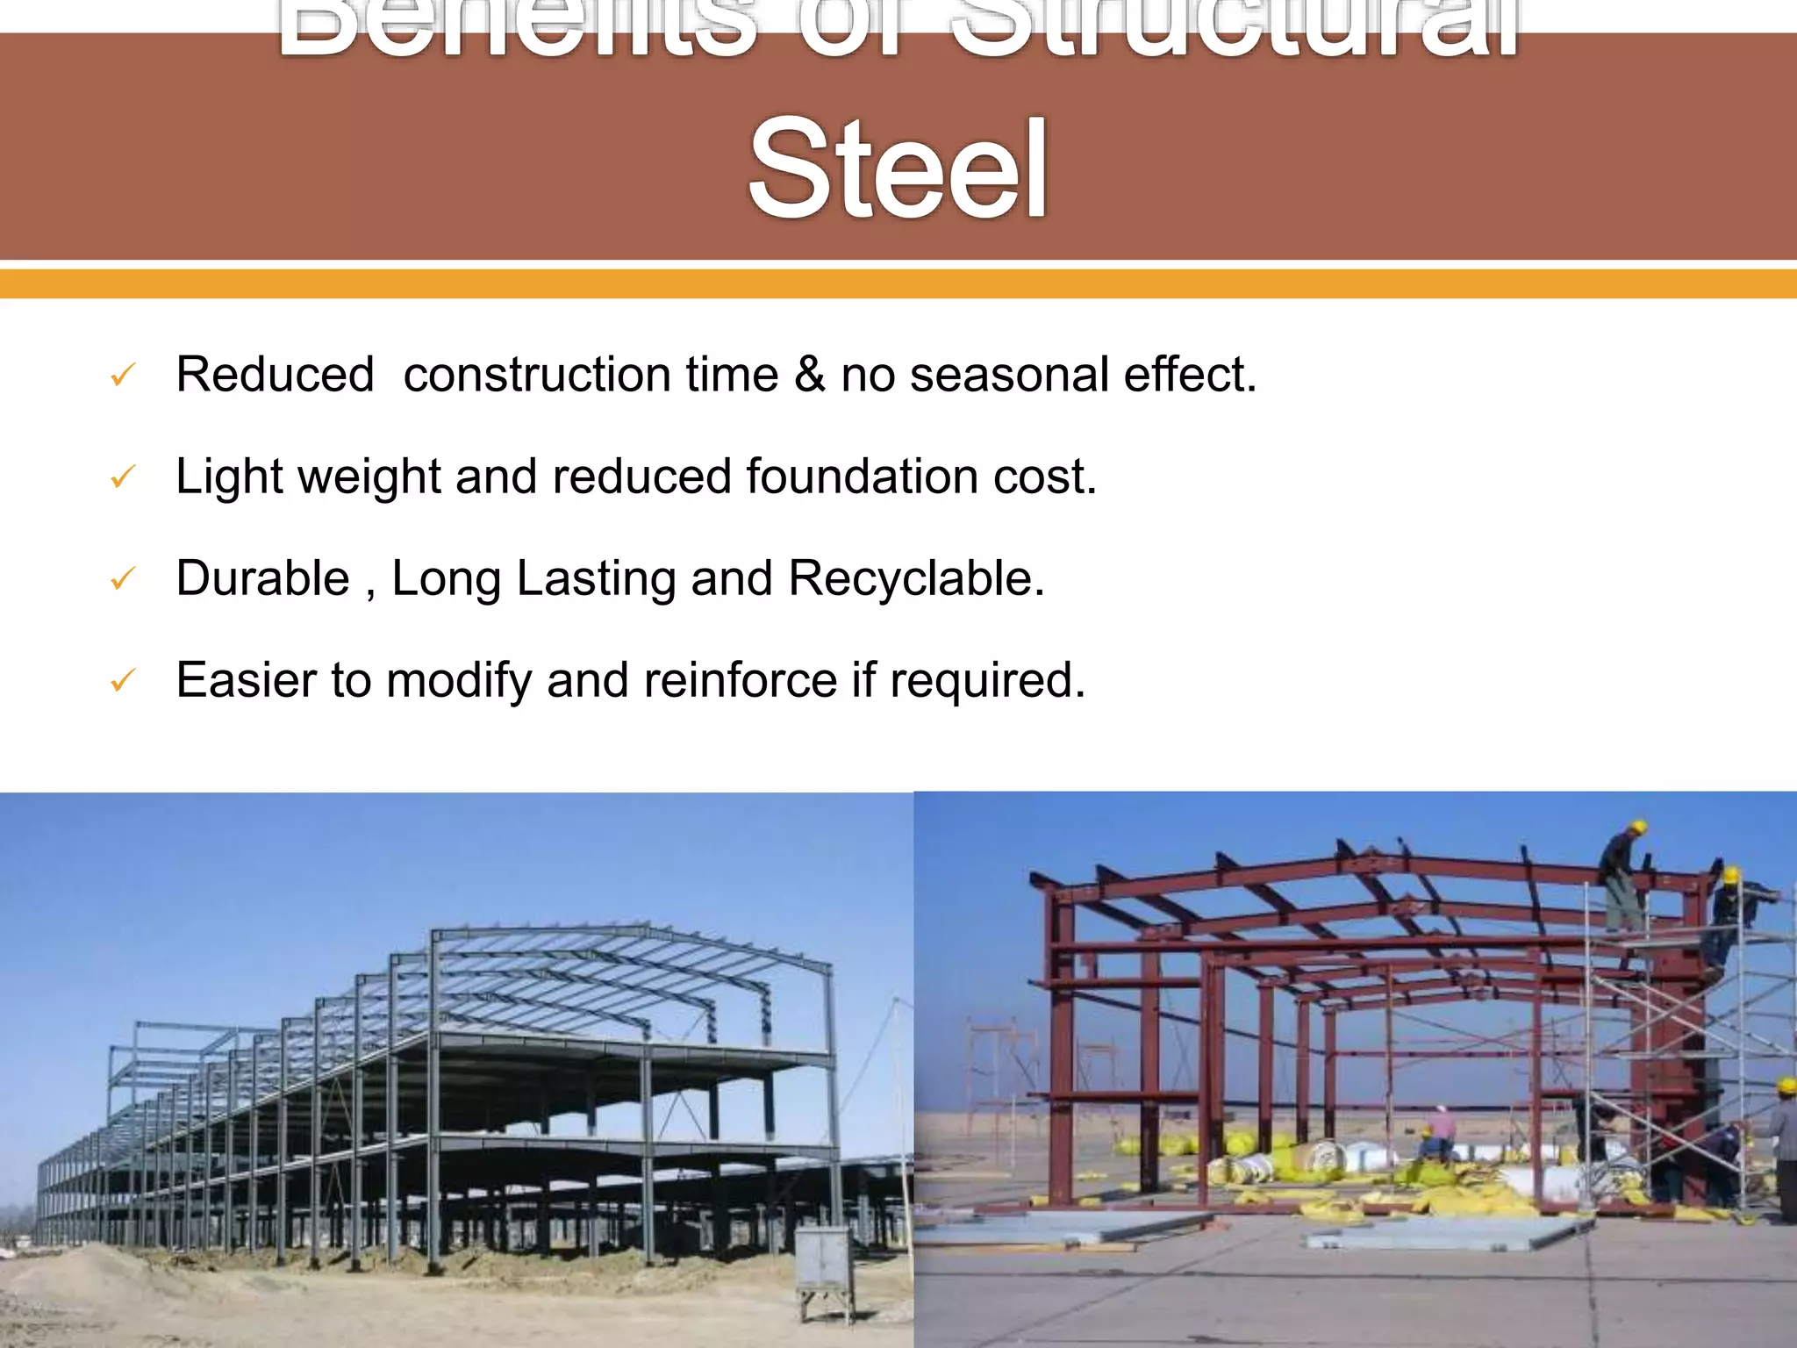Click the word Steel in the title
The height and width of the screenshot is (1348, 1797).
pyautogui.click(x=898, y=168)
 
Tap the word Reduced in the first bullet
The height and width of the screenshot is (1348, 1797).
pyautogui.click(x=275, y=375)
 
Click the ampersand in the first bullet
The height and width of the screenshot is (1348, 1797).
pyautogui.click(x=809, y=375)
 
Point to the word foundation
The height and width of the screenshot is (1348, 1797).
pyautogui.click(x=863, y=477)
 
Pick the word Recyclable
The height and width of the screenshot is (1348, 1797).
pyautogui.click(x=916, y=579)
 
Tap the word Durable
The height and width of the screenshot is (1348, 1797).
pyautogui.click(x=262, y=579)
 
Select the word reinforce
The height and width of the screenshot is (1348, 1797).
pyautogui.click(x=740, y=680)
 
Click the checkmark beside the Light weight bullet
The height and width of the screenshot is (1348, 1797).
pyautogui.click(x=122, y=477)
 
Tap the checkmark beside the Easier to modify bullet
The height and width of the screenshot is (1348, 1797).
pyautogui.click(x=122, y=681)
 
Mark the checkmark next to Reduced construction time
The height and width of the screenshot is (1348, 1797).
pyautogui.click(x=122, y=376)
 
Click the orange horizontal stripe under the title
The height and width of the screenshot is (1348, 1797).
pyautogui.click(x=898, y=283)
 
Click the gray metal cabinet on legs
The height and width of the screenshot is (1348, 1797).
pyautogui.click(x=822, y=1264)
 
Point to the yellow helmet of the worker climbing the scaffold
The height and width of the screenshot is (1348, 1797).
pyautogui.click(x=1731, y=875)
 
